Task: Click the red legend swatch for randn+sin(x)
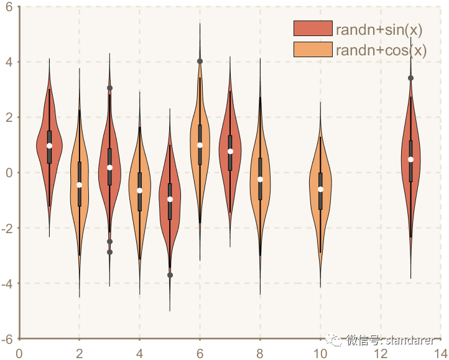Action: pos(313,29)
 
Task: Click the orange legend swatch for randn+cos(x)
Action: pos(313,50)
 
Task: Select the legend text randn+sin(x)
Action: pos(379,29)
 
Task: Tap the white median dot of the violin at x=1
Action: pos(49,146)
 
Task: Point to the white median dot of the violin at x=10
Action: pos(320,190)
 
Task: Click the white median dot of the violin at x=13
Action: pos(410,159)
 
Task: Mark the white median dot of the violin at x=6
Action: pos(200,145)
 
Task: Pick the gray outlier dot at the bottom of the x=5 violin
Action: pos(170,275)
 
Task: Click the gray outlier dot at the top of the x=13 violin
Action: pos(410,78)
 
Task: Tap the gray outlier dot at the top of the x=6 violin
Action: pos(200,61)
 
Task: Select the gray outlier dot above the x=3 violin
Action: pos(109,88)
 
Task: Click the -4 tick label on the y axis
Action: pos(7,284)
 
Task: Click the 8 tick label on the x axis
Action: pos(260,353)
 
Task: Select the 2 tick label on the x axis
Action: pos(80,353)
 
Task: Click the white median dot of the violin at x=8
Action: pos(260,179)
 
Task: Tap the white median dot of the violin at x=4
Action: pos(139,190)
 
